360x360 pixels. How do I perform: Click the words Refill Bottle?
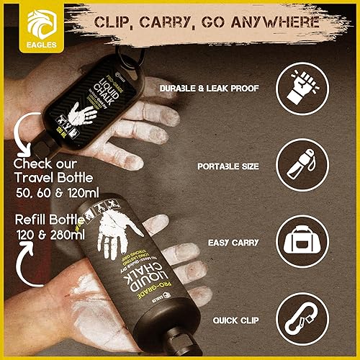[48, 220]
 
